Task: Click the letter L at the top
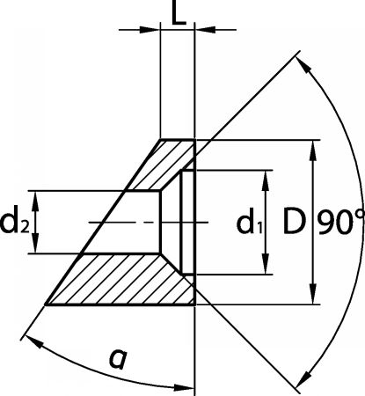click(x=179, y=13)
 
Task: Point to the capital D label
click(x=295, y=221)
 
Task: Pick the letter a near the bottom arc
click(x=118, y=358)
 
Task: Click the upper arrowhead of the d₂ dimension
click(x=35, y=201)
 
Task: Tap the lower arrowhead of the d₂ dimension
click(x=35, y=243)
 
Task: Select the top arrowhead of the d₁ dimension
click(x=266, y=180)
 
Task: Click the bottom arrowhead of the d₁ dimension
click(x=266, y=264)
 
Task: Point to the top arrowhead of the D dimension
click(x=313, y=150)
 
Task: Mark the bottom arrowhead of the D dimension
click(x=313, y=294)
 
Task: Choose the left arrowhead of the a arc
click(x=34, y=341)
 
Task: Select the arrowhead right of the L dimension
click(x=205, y=29)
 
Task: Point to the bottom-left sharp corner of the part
click(x=46, y=305)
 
